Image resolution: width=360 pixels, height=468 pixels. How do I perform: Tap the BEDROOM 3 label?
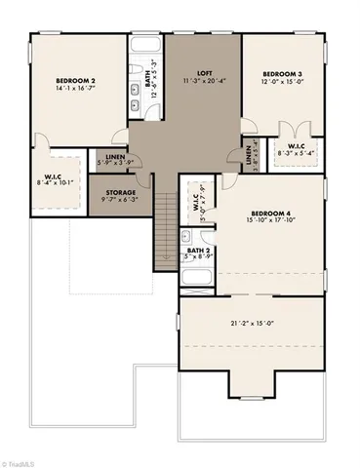pos(281,74)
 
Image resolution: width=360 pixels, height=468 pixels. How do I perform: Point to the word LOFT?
pos(204,73)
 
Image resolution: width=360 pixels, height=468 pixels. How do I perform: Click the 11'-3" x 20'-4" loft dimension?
pos(204,82)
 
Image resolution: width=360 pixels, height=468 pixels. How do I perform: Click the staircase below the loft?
pos(166,210)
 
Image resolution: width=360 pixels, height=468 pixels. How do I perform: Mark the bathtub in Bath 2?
pos(196,279)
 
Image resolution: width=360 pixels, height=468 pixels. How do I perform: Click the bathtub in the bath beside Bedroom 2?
pos(144,50)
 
